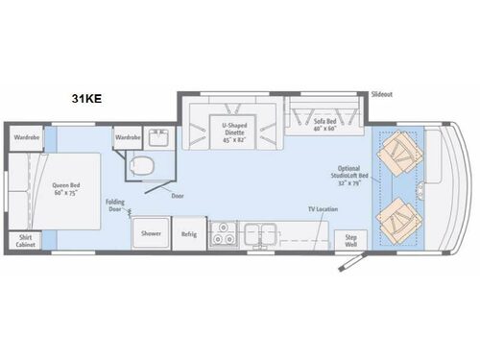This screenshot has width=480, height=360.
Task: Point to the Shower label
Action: (151, 233)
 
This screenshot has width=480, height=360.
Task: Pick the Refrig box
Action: (189, 233)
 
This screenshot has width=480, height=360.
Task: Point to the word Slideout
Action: (384, 94)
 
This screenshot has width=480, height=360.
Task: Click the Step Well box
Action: (351, 239)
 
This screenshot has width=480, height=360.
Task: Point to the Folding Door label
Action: (113, 204)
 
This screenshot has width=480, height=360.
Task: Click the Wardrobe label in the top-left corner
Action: (27, 137)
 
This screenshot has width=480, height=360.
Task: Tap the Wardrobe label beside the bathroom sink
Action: (128, 137)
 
